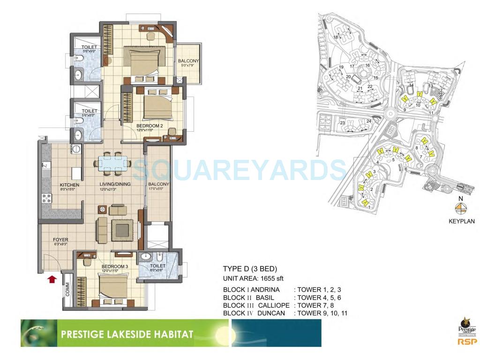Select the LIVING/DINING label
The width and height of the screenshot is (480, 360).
115,184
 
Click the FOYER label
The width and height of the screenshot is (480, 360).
60,240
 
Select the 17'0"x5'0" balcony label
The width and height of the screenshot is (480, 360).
158,184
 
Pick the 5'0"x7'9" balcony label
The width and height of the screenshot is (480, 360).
188,61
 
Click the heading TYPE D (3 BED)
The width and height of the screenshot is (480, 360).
250,269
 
